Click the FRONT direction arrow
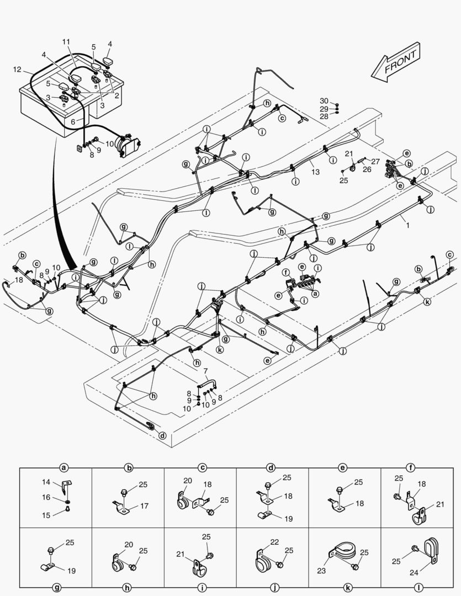(395, 63)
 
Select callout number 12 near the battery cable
(17, 69)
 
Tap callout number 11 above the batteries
(66, 42)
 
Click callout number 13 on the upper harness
(315, 172)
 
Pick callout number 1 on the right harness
(407, 225)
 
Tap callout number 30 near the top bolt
(324, 100)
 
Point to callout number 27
(375, 162)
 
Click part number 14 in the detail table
(46, 482)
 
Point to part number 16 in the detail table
(46, 497)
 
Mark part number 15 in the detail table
(46, 515)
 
